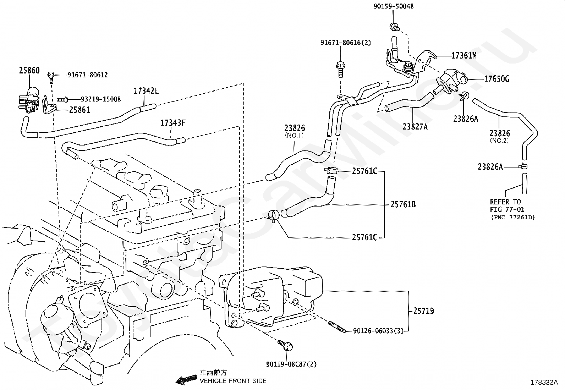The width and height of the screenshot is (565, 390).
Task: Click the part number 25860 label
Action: [x=29, y=70]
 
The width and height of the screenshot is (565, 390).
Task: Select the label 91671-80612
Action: [x=88, y=75]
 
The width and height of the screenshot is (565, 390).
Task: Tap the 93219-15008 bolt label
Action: [x=101, y=99]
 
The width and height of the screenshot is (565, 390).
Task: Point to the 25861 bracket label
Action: [x=79, y=110]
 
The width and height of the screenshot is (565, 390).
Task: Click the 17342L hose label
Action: [x=146, y=91]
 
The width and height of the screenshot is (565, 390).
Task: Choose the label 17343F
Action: [x=173, y=123]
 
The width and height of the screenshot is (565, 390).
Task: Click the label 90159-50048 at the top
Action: [x=394, y=6]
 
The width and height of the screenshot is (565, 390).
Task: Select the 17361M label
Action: [x=464, y=55]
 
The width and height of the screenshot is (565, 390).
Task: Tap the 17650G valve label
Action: [x=497, y=79]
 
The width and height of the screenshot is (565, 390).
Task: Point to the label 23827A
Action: [x=415, y=126]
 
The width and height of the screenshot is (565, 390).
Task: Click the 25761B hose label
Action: [x=403, y=204]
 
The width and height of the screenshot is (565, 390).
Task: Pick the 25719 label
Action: [x=423, y=311]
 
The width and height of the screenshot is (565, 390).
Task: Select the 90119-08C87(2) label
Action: [x=291, y=364]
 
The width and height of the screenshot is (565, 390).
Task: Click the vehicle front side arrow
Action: [x=186, y=380]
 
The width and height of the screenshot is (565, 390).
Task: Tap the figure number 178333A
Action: [x=544, y=383]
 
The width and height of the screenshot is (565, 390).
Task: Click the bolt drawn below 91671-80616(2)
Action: [x=340, y=69]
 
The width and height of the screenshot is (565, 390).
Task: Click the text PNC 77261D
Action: [x=513, y=218]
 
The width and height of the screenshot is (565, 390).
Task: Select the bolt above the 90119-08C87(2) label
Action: [x=285, y=346]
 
